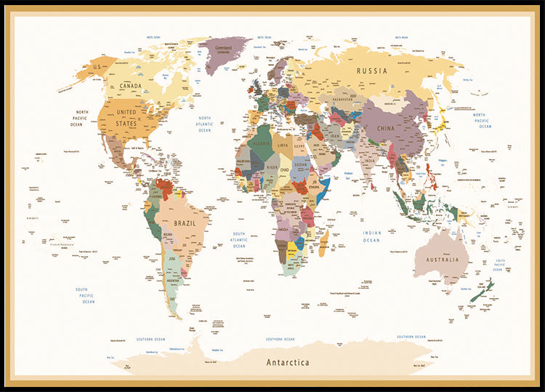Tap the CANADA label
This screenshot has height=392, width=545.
pyautogui.click(x=130, y=86)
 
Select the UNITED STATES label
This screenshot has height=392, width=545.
pyautogui.click(x=126, y=118)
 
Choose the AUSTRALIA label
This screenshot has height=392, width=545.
pyautogui.click(x=443, y=260)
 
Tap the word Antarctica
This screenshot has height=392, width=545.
pyautogui.click(x=287, y=362)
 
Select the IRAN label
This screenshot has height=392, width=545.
pyautogui.click(x=335, y=136)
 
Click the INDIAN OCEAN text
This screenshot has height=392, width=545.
pyautogui.click(x=371, y=236)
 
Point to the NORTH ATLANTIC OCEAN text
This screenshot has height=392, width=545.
pyautogui.click(x=205, y=124)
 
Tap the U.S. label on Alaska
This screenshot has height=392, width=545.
pyautogui.click(x=96, y=67)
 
